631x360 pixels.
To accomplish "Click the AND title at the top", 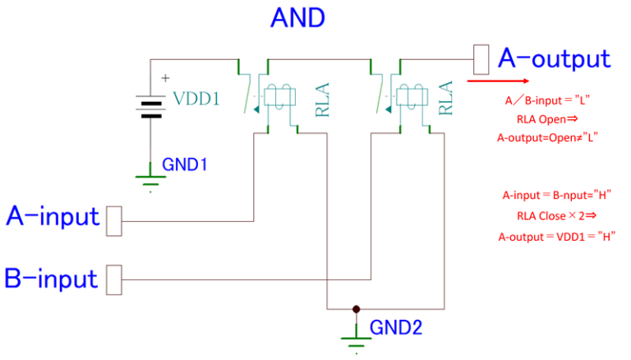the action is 297,18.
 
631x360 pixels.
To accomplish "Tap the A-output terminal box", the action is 481,60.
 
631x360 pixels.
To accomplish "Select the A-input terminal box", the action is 114,221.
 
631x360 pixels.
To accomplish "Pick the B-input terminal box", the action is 114,280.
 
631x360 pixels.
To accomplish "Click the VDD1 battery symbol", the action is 151,107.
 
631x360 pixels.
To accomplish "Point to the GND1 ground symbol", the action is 150,180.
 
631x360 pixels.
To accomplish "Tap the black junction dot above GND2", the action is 356,309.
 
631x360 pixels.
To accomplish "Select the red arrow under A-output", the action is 498,81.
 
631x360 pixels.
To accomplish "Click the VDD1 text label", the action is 196,99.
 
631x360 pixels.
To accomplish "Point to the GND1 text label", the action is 184,164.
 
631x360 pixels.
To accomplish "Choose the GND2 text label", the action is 396,328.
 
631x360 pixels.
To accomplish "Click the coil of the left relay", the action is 279,97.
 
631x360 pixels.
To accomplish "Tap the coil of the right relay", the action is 412,97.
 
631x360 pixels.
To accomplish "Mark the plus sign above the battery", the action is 165,78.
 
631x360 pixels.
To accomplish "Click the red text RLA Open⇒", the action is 547,119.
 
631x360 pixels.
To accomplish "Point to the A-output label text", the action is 555,59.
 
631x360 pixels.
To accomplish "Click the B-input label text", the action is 51,279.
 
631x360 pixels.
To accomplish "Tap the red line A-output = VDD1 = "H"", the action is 557,237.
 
